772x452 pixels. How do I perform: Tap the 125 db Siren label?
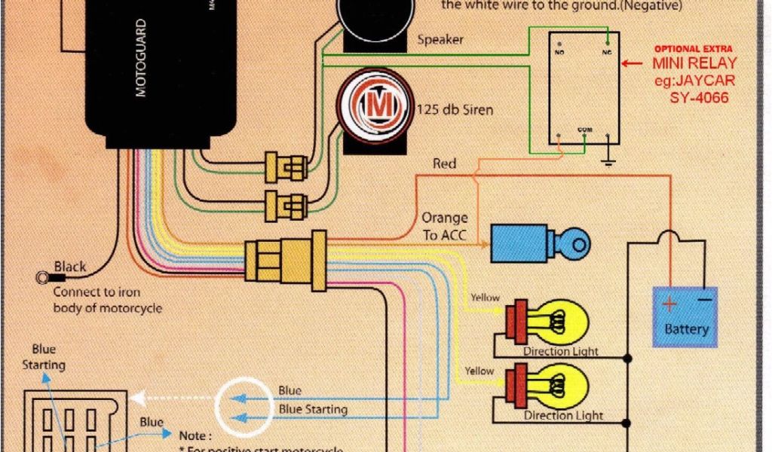[455, 110]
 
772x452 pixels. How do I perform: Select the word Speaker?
[440, 39]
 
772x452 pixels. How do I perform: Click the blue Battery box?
[686, 316]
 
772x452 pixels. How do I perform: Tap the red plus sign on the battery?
[669, 304]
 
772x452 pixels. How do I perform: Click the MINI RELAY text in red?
[694, 63]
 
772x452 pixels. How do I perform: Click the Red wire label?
[444, 163]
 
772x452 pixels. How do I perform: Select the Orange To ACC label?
[445, 227]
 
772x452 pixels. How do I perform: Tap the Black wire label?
[70, 267]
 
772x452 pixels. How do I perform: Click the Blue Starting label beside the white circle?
[313, 410]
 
